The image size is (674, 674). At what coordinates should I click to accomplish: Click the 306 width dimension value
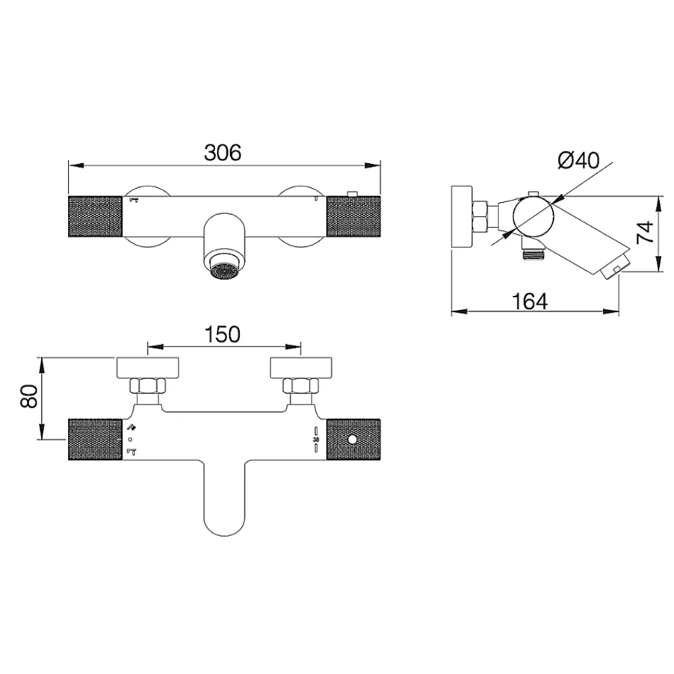click(222, 152)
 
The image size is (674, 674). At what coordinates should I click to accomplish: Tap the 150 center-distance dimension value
click(222, 334)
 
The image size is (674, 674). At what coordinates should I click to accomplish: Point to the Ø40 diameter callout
click(578, 161)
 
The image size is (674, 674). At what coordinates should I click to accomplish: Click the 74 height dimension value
click(645, 233)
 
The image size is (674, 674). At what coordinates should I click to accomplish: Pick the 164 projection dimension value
click(530, 301)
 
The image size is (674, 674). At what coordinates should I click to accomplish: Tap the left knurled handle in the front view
click(95, 216)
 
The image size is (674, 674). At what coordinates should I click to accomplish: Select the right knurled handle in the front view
click(353, 216)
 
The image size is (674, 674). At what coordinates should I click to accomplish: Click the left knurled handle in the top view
click(95, 439)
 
